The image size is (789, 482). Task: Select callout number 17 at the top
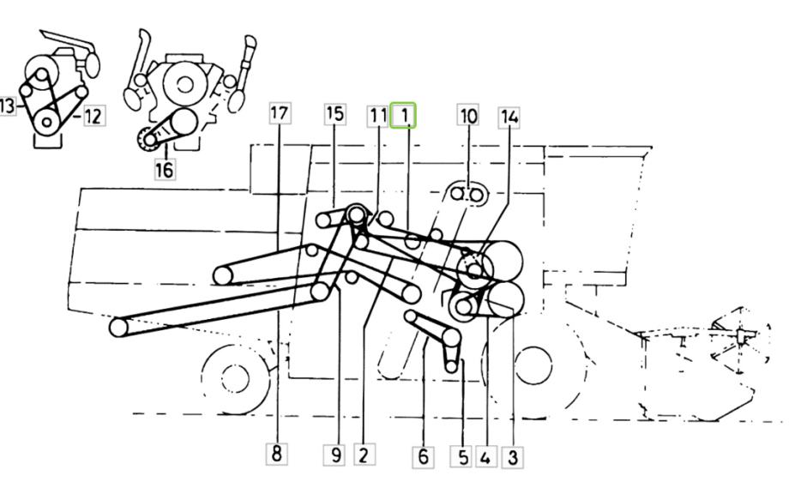pyautogui.click(x=280, y=112)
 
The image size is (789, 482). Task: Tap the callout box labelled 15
pyautogui.click(x=334, y=114)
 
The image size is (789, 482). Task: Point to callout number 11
pyautogui.click(x=378, y=117)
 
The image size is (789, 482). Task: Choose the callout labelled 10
pyautogui.click(x=468, y=115)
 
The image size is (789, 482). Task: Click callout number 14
pyautogui.click(x=509, y=117)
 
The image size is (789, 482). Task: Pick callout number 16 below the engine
pyautogui.click(x=164, y=169)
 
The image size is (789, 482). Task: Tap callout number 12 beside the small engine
pyautogui.click(x=93, y=116)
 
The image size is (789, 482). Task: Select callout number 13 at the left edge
pyautogui.click(x=7, y=105)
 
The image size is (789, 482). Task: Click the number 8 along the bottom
pyautogui.click(x=276, y=454)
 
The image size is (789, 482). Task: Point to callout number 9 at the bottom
pyautogui.click(x=335, y=455)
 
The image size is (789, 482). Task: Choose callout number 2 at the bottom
pyautogui.click(x=364, y=455)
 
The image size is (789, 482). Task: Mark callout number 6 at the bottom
pyautogui.click(x=423, y=456)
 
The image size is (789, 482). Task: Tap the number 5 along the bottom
pyautogui.click(x=462, y=456)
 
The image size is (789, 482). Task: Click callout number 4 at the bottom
pyautogui.click(x=485, y=457)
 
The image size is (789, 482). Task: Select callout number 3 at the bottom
pyautogui.click(x=513, y=457)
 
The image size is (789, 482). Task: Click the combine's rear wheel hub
pyautogui.click(x=235, y=378)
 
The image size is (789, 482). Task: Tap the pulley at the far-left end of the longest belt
pyautogui.click(x=118, y=328)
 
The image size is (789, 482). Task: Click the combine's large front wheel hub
pyautogui.click(x=533, y=365)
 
